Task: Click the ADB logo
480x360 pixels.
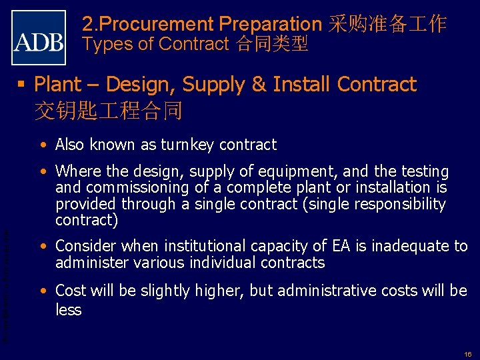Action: click(x=39, y=37)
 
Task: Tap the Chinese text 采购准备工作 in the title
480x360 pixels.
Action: click(x=387, y=25)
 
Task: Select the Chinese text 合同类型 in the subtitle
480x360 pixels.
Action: click(x=271, y=45)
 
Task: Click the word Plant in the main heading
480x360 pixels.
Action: click(x=58, y=85)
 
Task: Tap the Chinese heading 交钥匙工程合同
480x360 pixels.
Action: click(x=108, y=109)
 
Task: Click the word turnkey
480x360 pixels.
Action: click(x=183, y=145)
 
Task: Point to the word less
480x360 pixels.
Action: click(x=69, y=310)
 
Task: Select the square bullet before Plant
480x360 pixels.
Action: click(x=25, y=85)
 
